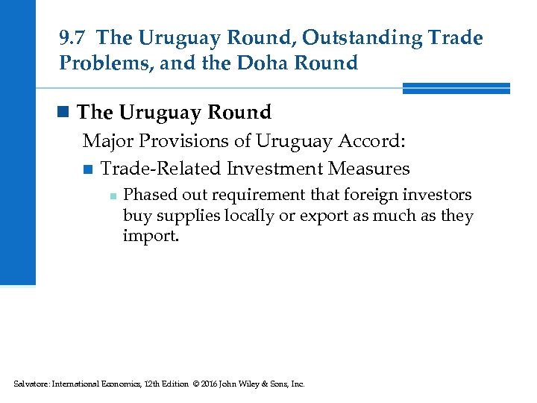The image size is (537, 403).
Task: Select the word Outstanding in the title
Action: click(330, 37)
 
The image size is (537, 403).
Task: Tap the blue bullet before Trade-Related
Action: click(88, 169)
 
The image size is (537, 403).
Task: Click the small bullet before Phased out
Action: click(110, 196)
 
